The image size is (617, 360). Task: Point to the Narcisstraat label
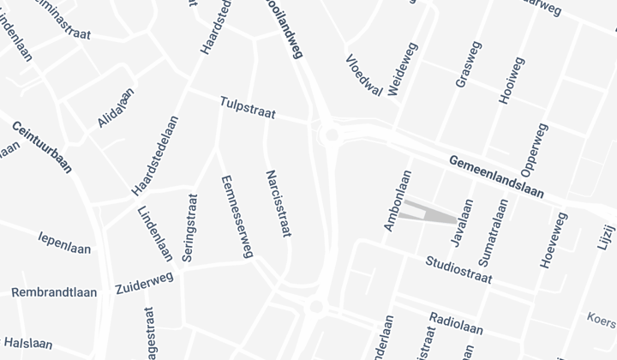[x=279, y=204]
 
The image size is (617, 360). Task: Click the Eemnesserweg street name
[x=237, y=216]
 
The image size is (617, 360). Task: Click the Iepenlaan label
[x=64, y=242]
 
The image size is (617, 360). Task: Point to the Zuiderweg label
[x=144, y=284]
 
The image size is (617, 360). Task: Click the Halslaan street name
[x=27, y=343]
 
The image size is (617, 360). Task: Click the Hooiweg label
[x=509, y=81]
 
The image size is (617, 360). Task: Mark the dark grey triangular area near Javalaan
[x=434, y=213]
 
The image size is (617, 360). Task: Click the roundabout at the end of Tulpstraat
[x=330, y=134]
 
